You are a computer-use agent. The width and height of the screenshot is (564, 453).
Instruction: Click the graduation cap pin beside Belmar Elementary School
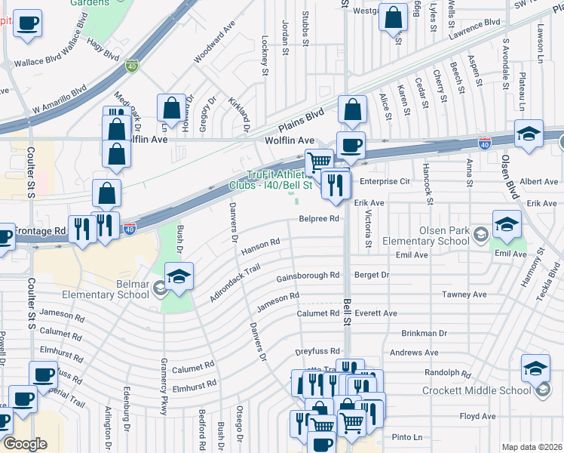(179, 277)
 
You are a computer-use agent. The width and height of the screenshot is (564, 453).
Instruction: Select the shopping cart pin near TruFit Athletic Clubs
(320, 161)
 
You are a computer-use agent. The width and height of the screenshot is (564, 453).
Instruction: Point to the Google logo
(24, 444)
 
